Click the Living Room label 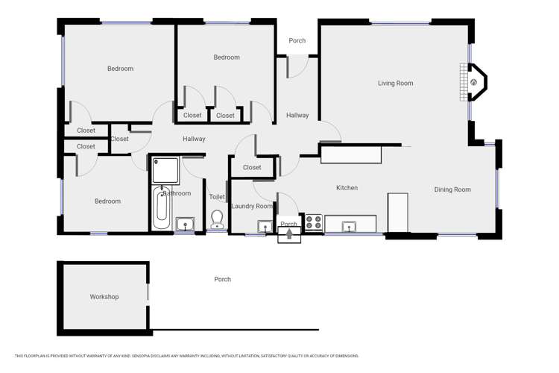tap(395, 84)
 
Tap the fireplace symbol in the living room tap(473, 82)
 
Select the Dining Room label tap(452, 189)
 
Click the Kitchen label tap(347, 188)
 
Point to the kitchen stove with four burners tap(314, 222)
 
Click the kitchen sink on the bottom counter tap(349, 226)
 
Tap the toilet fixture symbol tap(217, 219)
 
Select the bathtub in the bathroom tap(162, 207)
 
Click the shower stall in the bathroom tap(165, 171)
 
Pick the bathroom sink tap(185, 224)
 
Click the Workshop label tap(104, 297)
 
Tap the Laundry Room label tap(252, 206)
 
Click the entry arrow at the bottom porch tap(289, 235)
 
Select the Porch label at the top tap(297, 41)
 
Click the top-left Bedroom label tap(120, 69)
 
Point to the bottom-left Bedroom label tap(107, 201)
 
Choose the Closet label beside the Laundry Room tap(252, 168)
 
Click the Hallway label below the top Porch tap(297, 116)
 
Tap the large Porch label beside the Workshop tap(222, 280)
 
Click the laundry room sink tap(265, 227)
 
